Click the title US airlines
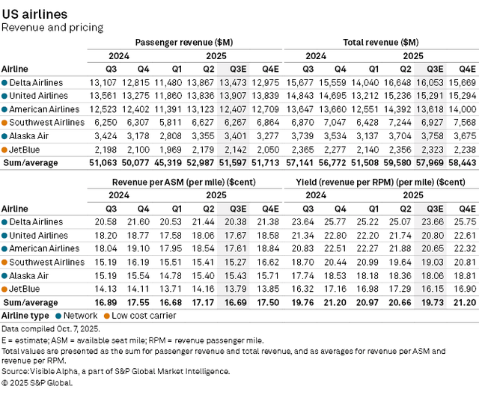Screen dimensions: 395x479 point(34,14)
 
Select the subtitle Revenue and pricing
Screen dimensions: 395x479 point(52,28)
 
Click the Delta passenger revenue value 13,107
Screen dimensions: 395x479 point(103,82)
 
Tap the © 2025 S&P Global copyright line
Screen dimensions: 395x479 point(37,383)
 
